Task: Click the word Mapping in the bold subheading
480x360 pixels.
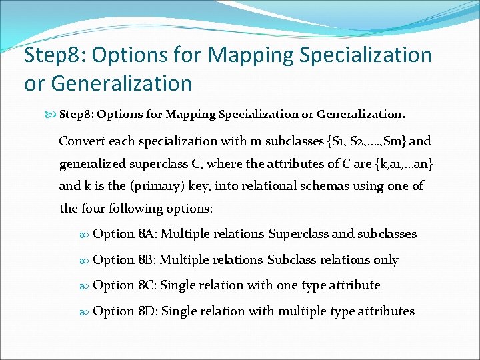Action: (191, 114)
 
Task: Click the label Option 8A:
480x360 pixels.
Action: (125, 234)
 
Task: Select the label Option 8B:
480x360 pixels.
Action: (124, 260)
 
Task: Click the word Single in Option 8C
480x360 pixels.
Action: (180, 285)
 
